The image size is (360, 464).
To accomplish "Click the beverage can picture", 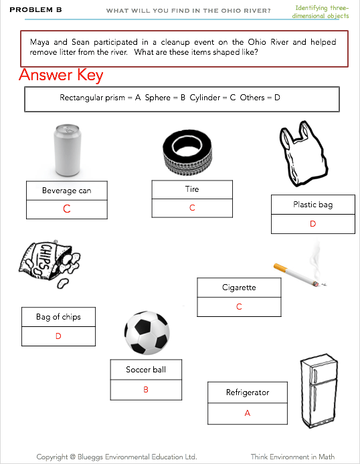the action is pos(67,150).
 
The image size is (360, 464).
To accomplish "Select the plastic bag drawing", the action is pos(303,154).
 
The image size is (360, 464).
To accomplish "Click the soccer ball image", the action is pos(147,332).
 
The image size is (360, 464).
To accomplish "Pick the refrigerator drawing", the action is pos(319,390).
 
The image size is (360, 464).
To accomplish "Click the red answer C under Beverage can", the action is pos(67,209).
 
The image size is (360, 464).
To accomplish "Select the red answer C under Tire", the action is pos(192,208).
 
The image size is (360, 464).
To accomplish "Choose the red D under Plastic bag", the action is pos(313,224).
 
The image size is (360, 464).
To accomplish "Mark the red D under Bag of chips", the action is pos(58,336).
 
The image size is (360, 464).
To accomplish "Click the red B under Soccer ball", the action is pos(146,389).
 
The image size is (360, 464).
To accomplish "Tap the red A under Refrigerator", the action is pos(248,413).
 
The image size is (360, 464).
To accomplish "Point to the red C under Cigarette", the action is pos(239,307).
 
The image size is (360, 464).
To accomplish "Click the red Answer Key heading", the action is pos(61,75).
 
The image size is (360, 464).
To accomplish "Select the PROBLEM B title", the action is pos(35,10).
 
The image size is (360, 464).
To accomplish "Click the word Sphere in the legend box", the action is pos(157,98).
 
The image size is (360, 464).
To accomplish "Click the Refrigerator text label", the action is pos(248,392).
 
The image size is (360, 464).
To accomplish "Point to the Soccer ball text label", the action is pos(146,369).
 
